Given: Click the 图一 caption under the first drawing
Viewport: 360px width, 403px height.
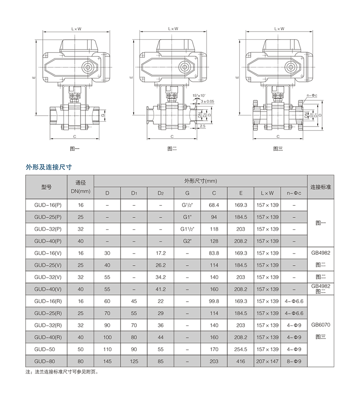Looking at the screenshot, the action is point(75,149).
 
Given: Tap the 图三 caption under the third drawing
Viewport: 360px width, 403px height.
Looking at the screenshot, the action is point(278,149).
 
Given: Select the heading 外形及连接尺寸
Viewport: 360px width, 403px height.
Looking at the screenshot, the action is point(49,167).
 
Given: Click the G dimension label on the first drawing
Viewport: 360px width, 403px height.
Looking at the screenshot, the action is point(103,115).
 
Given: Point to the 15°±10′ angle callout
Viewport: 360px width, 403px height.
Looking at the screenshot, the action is point(199,95).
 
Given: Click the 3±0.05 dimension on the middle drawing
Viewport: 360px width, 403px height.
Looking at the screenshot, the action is point(207,101).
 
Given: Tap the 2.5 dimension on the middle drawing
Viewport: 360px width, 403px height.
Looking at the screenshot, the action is point(202,126).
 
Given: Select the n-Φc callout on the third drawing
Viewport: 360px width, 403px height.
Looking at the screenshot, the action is point(312,95).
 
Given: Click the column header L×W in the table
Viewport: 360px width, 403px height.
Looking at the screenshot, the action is point(267,193).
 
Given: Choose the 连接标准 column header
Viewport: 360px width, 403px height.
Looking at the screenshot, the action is point(321,187).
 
